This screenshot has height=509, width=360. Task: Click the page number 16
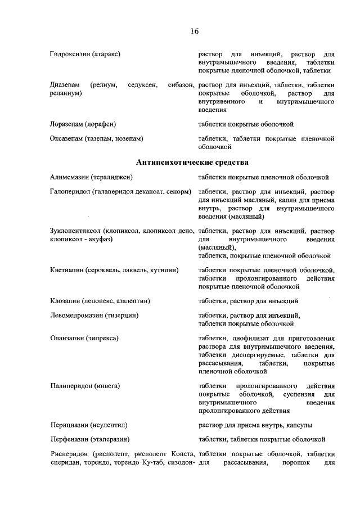coord(193,31)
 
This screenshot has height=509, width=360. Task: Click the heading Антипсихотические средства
coord(192,163)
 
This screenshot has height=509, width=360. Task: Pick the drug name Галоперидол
coord(69,192)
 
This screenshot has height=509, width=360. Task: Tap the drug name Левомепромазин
coord(76,316)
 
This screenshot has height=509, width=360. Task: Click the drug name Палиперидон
coord(70,386)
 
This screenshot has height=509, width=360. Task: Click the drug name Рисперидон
coord(69,454)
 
